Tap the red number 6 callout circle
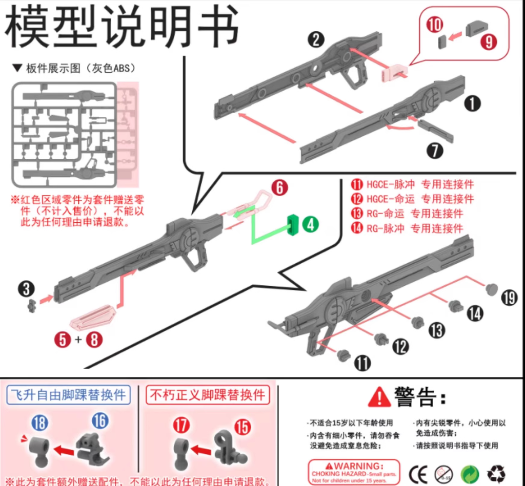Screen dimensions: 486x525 [x=280, y=187]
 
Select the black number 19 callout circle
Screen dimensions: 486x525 [x=509, y=298]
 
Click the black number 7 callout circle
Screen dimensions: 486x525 [x=434, y=151]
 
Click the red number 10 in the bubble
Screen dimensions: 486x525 [x=434, y=24]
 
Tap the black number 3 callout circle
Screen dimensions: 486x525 [x=26, y=289]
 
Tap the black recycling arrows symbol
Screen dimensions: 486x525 [x=496, y=472]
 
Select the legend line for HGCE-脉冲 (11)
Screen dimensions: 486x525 [x=412, y=184]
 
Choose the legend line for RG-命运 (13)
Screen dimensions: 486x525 [x=407, y=214]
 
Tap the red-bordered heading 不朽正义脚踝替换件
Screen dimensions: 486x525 [x=207, y=395]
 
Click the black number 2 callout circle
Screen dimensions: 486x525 [x=316, y=39]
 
